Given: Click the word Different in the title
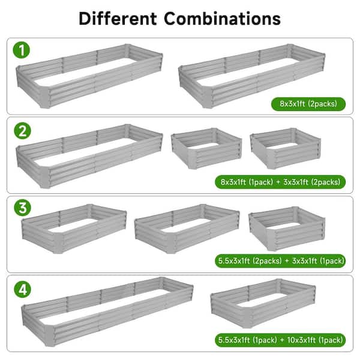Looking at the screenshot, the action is coord(118,19).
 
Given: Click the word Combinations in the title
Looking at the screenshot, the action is coord(222,19).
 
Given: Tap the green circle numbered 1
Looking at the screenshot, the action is coord(22,50).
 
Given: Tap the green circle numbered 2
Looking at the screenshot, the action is coord(23,131).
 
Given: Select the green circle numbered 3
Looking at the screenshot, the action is coord(23,208).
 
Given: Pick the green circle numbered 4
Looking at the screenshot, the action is coord(23,289).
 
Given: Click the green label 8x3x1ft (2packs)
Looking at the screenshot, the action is coord(308,104).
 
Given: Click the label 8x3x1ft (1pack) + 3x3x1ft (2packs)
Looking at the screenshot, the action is coord(280,182).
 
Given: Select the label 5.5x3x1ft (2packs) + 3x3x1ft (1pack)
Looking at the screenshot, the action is coord(280,261).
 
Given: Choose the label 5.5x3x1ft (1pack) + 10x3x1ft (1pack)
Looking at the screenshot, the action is coord(280,340).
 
